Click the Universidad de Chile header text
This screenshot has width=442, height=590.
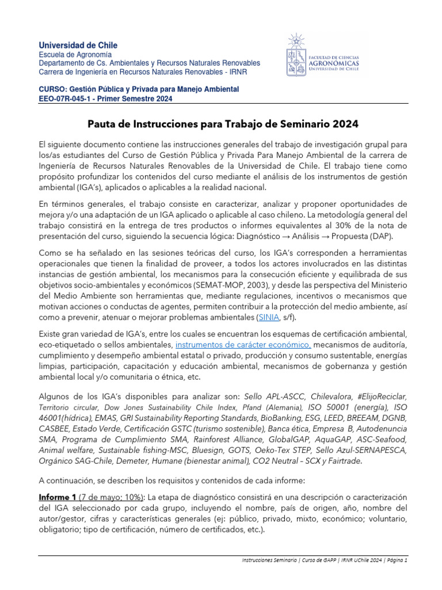pyautogui.click(x=78, y=45)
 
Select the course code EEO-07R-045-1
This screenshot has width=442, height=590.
pyautogui.click(x=65, y=99)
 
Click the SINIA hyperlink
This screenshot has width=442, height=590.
pyautogui.click(x=269, y=317)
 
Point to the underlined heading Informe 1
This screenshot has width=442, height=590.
pyautogui.click(x=60, y=497)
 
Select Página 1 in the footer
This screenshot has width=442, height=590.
pyautogui.click(x=394, y=560)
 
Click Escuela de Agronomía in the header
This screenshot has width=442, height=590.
pyautogui.click(x=71, y=54)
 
